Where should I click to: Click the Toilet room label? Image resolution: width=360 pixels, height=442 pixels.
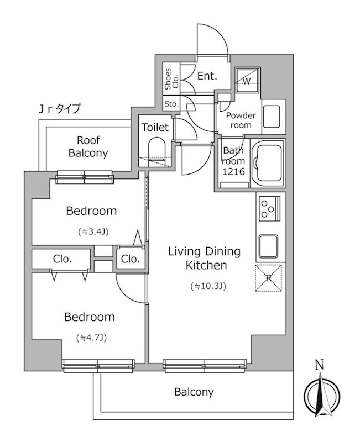pos(155,127)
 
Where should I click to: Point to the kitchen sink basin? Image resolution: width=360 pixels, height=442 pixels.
pos(268,246)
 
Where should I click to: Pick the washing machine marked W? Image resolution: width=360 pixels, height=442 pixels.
pos(247,80)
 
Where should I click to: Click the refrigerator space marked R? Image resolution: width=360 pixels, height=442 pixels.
pos(268,278)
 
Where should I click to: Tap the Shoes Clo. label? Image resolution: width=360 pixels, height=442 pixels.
pos(171,78)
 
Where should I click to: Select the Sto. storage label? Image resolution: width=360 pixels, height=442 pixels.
pos(171,104)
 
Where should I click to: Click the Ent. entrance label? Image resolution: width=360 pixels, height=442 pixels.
pos(207,76)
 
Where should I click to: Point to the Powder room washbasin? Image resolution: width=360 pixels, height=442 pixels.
pos(272,117)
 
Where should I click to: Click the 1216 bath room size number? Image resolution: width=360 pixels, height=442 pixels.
pos(233,171)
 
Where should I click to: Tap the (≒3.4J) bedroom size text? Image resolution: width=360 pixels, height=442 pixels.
pos(93,231)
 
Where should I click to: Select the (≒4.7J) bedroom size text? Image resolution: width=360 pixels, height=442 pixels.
pos(91,338)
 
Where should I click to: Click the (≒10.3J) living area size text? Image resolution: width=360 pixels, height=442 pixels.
pos(208,286)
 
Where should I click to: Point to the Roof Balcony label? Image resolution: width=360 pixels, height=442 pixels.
pos(88,146)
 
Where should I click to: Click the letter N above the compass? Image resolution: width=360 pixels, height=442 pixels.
pos(319,365)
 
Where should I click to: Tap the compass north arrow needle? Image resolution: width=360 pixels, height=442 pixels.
pos(321,394)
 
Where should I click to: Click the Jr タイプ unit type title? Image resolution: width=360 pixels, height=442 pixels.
pos(60,108)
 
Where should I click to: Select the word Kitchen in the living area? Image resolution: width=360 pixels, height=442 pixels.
pos(206,265)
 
